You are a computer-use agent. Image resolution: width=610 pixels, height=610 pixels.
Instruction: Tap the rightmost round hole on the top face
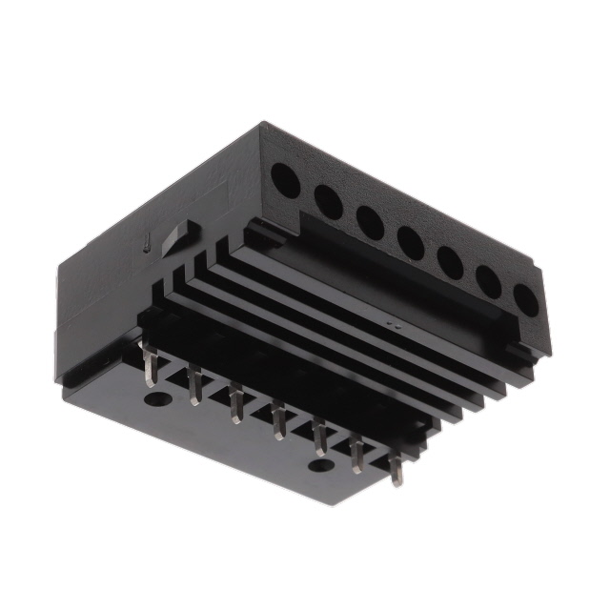525,299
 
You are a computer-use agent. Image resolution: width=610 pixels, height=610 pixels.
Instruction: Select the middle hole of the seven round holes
411,242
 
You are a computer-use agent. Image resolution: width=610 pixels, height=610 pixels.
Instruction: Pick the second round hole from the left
328,201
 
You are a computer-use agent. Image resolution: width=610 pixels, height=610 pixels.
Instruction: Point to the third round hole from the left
370,222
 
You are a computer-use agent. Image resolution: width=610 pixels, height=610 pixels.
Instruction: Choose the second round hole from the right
489,281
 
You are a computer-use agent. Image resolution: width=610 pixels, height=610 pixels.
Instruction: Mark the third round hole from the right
451,262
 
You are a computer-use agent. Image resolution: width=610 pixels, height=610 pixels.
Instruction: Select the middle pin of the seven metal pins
277,421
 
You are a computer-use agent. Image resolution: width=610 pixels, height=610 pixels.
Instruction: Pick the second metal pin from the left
194,387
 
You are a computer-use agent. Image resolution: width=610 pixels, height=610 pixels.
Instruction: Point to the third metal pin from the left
235,404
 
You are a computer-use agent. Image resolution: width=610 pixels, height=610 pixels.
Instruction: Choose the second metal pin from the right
357,457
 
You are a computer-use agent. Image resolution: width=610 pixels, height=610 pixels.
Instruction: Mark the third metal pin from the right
318,438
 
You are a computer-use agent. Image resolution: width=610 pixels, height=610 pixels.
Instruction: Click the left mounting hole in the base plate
153,400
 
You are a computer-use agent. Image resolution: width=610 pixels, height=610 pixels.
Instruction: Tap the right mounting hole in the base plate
321,466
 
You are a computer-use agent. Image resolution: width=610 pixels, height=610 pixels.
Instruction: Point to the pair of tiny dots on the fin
392,324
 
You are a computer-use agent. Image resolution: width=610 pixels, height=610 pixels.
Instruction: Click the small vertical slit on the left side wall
146,245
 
